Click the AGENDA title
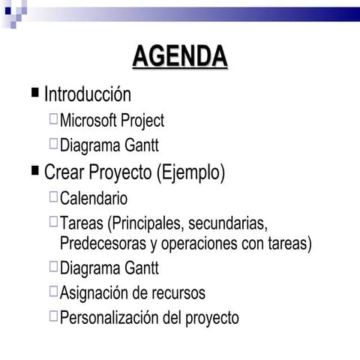pos(180,57)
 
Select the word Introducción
pos(88,94)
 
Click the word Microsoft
pos(91,121)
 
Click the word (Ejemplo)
pos(190,173)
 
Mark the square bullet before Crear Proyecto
pos(34,171)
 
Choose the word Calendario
pos(94,199)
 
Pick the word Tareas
pos(82,224)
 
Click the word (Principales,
pos(146,224)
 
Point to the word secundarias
pos(228,224)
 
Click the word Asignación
pos(94,293)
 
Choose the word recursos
pos(178,293)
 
